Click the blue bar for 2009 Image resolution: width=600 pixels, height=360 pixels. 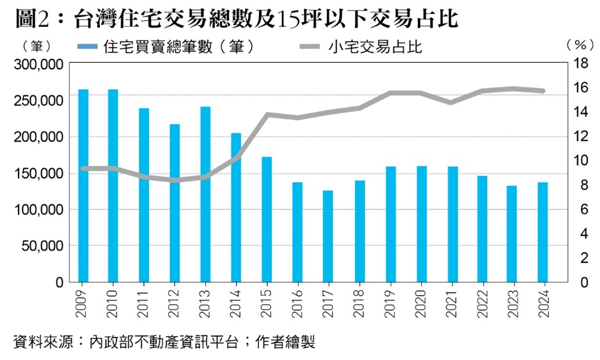click(83, 186)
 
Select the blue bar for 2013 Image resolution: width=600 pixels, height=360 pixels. click(205, 194)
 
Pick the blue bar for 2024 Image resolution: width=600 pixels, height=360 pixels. click(543, 232)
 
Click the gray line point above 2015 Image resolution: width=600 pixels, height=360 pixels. click(267, 115)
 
